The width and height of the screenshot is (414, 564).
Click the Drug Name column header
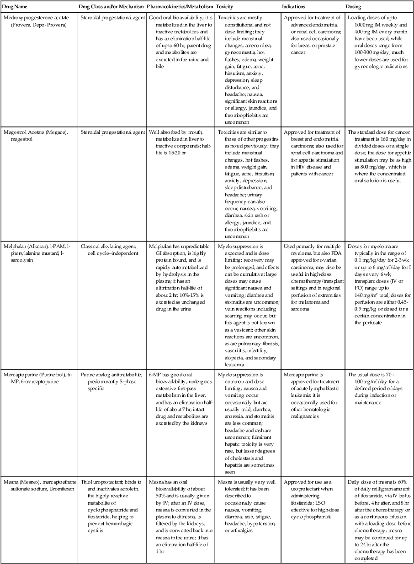[x=15, y=7]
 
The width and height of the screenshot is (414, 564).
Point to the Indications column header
[x=295, y=7]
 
